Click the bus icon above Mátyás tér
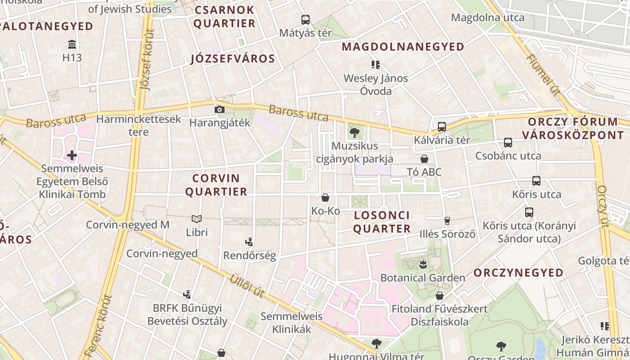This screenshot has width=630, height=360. [x=306, y=19]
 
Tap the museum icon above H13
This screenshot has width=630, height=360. [x=72, y=44]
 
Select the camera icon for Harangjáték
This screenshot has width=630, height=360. [x=219, y=109]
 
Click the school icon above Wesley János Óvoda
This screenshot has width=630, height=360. [x=376, y=65]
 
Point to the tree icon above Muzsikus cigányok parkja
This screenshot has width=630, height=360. [x=355, y=132]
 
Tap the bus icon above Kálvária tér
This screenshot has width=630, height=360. [x=441, y=127]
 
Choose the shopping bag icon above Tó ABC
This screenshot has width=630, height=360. [x=424, y=159]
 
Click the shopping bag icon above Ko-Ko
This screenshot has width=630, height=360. [x=325, y=198]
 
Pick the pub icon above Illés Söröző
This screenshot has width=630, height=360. [x=447, y=220]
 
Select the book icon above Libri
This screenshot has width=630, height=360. [x=197, y=219]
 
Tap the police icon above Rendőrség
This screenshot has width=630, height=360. [x=249, y=242]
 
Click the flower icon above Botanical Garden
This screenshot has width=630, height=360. [x=423, y=264]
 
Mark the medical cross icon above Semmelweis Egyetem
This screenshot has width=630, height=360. [x=72, y=156]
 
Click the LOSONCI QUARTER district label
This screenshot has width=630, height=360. [x=382, y=222]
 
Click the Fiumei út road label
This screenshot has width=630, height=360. [x=543, y=75]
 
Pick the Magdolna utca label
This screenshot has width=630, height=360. [x=487, y=18]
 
